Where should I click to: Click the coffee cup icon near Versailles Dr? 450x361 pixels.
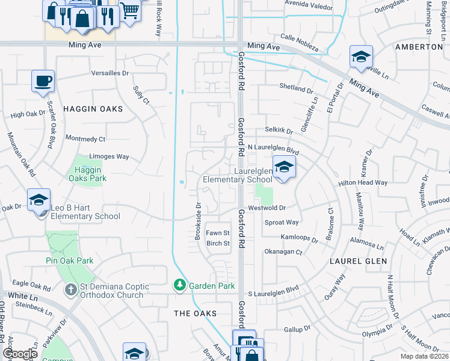tap(43, 81)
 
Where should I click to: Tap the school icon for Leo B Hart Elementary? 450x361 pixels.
tap(39, 199)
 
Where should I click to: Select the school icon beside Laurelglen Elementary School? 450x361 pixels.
tap(284, 167)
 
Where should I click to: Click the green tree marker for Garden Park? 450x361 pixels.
tap(179, 285)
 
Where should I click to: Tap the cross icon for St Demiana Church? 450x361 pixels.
tap(71, 290)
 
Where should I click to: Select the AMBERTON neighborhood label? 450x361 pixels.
tap(419, 46)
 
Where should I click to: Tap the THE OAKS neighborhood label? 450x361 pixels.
tap(195, 313)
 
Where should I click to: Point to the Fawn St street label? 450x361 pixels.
tap(218, 233)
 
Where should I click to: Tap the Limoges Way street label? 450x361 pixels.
tap(108, 156)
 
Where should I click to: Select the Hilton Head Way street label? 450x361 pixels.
tap(380, 182)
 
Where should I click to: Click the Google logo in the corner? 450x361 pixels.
tap(20, 354)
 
